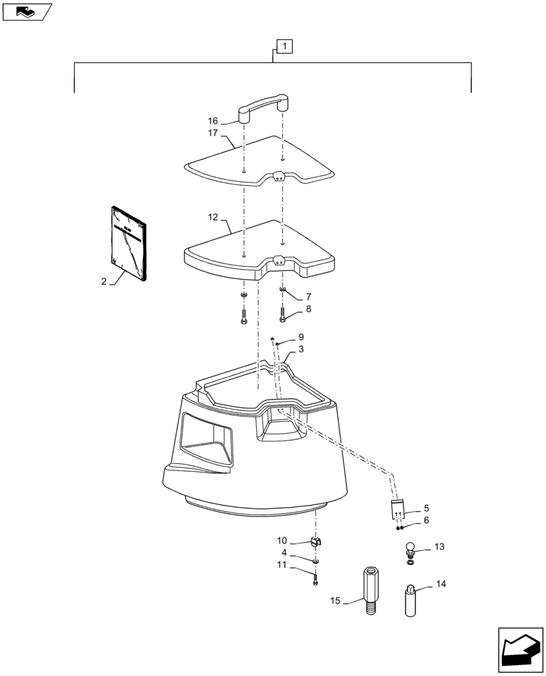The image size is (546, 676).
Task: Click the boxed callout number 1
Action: (285, 47)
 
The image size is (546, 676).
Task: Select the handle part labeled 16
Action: (264, 109)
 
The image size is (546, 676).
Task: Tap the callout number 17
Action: (213, 133)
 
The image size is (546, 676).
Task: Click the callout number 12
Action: (213, 218)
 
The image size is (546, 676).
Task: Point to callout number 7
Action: (308, 297)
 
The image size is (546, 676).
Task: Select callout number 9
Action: (301, 337)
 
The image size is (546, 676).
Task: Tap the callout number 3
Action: (301, 349)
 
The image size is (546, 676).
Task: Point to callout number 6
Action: (426, 521)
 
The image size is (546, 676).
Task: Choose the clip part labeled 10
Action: (315, 541)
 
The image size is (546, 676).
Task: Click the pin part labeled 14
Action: (410, 599)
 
